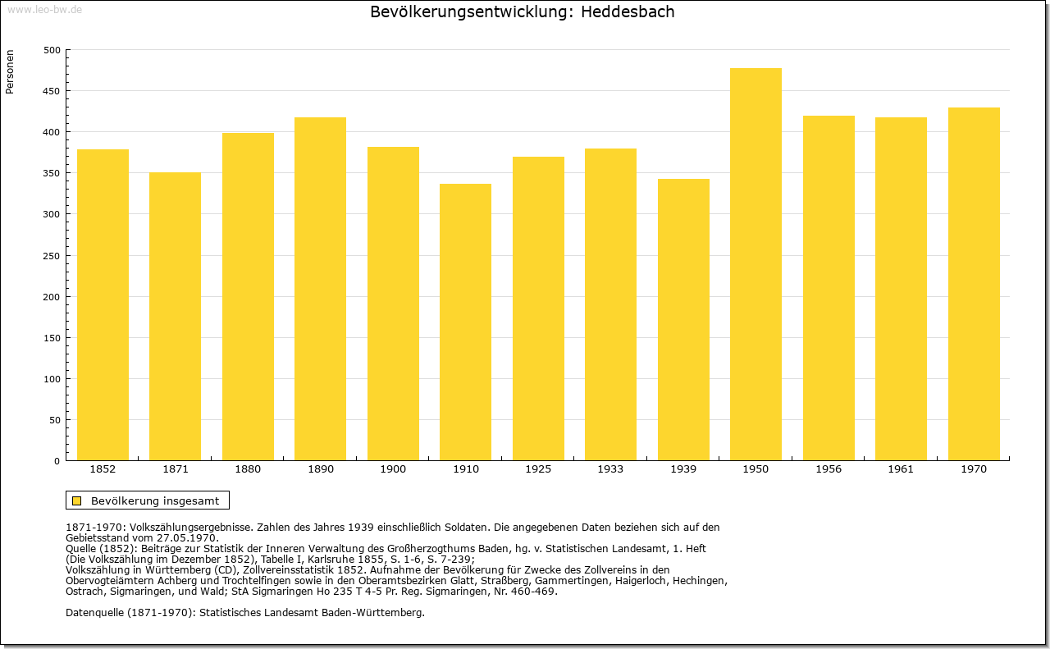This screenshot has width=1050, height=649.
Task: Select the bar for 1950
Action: tap(756, 264)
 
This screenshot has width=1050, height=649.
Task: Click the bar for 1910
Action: tap(465, 322)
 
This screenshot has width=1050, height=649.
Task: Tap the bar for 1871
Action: tap(176, 316)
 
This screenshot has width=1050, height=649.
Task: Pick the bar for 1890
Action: tap(320, 288)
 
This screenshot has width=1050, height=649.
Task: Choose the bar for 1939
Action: tap(683, 319)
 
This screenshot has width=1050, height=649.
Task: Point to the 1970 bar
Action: tap(974, 284)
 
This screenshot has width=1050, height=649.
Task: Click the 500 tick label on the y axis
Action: tap(52, 50)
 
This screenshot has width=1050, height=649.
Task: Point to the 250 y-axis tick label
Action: tap(52, 256)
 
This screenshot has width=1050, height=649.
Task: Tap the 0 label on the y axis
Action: tap(57, 461)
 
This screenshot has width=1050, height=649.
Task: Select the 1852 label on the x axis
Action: tap(103, 469)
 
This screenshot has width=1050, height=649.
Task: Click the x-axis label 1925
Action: tap(538, 469)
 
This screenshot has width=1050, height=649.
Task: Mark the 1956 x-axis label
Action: tap(829, 469)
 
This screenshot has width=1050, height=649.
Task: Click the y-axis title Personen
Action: tap(10, 71)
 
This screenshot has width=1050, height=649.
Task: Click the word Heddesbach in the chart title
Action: tap(628, 11)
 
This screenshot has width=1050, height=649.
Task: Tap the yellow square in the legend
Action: tap(77, 500)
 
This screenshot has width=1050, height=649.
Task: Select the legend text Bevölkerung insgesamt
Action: tap(155, 500)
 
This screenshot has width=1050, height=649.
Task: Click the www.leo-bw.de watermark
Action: tap(44, 10)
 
